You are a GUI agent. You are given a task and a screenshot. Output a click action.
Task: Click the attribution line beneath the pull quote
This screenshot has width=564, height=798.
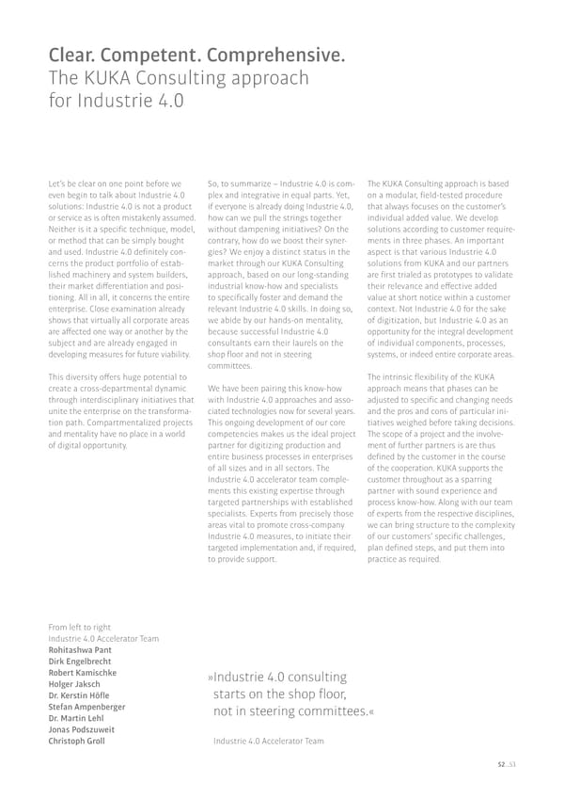[268, 742]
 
